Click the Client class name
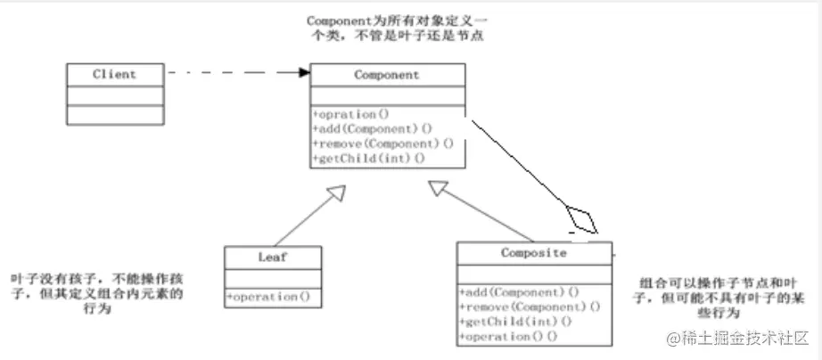(114, 74)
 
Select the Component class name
(387, 75)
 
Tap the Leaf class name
(271, 258)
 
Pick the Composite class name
(534, 253)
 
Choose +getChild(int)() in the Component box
(369, 158)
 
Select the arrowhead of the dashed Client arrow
(303, 74)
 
